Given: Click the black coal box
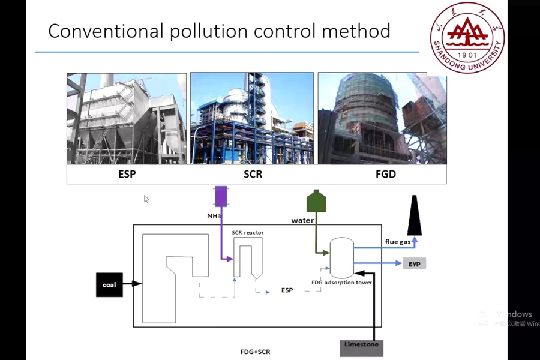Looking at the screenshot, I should (x=109, y=284).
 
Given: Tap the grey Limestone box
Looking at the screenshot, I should (x=361, y=344).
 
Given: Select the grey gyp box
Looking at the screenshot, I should (x=413, y=263).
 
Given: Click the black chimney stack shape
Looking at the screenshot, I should (x=415, y=216).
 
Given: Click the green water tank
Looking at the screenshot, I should (x=316, y=201).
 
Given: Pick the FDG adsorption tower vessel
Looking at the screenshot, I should (x=341, y=256).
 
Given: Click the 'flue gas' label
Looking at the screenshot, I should (x=397, y=242).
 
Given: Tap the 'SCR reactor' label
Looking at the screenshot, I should (x=247, y=232).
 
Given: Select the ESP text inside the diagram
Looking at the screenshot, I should (x=287, y=290).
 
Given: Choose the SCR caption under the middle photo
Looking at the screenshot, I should (x=253, y=175).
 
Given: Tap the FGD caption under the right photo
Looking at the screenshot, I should (x=383, y=175).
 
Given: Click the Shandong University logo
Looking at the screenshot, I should (x=467, y=37).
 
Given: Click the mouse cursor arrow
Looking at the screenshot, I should (x=146, y=199).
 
